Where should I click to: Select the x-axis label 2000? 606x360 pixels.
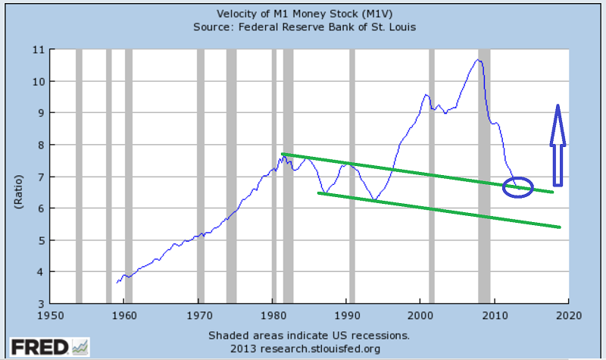[421, 315]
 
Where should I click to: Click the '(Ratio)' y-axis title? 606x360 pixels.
[16, 177]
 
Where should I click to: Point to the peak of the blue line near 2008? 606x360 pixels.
[479, 59]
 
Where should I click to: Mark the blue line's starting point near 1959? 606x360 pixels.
[117, 283]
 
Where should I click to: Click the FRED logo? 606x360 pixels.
[45, 347]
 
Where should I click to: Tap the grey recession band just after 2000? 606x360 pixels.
[432, 177]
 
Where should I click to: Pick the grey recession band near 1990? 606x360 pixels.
[351, 177]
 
